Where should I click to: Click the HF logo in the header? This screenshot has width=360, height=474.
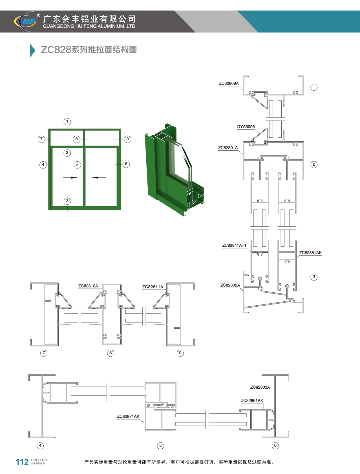(25, 21)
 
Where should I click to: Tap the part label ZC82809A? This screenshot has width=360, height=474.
(229, 83)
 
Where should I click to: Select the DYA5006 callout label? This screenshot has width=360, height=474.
(246, 127)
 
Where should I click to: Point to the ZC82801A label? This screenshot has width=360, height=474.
(228, 148)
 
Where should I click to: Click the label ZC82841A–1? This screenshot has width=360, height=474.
(234, 245)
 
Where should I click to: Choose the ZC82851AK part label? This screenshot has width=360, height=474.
(310, 253)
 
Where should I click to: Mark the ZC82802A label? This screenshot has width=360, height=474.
(230, 285)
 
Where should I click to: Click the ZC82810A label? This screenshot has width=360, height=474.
(88, 286)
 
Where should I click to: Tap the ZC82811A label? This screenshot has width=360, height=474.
(153, 287)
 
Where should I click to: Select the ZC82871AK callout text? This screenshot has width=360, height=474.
(128, 416)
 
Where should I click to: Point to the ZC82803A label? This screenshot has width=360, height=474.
(260, 387)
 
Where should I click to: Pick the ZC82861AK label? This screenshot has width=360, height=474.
(252, 400)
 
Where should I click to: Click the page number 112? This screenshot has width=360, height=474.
(22, 462)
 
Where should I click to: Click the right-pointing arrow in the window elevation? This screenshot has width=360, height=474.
(70, 177)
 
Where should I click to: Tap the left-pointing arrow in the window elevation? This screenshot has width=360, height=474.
(99, 177)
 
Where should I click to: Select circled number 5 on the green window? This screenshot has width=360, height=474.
(78, 165)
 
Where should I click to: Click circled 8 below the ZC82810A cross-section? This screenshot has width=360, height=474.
(111, 353)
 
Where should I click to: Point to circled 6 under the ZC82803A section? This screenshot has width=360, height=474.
(275, 446)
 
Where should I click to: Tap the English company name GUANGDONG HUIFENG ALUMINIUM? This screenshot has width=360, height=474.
(90, 26)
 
